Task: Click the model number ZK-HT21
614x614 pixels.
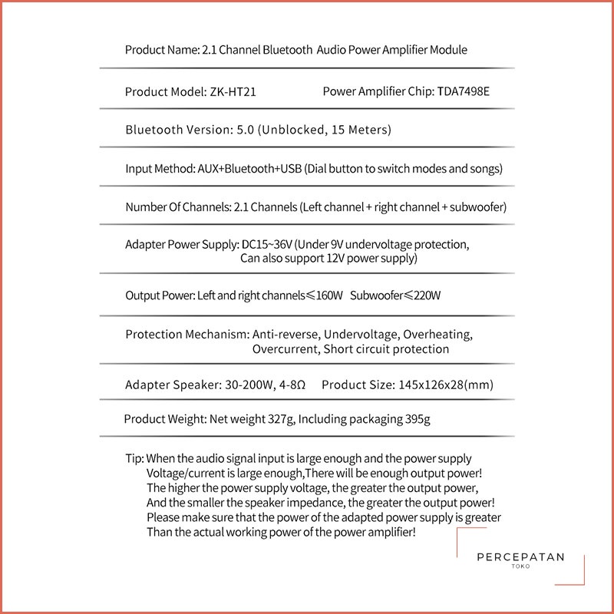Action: [233, 91]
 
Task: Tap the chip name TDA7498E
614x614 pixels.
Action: [464, 91]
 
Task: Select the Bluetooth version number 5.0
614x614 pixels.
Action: [243, 130]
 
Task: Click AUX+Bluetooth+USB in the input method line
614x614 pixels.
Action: [248, 168]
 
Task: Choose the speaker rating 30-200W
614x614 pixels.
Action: [255, 385]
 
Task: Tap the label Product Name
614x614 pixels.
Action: [160, 50]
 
